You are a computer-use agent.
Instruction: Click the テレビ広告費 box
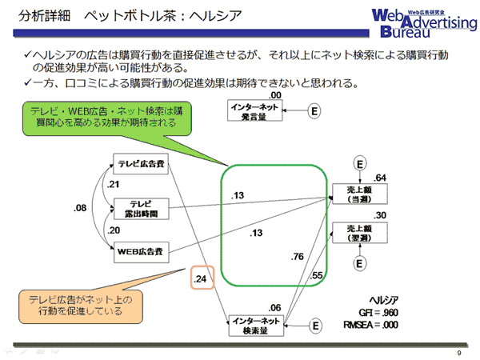[x=141, y=164]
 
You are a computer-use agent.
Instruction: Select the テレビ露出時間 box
[x=141, y=209]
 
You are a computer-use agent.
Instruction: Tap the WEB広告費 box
[x=141, y=252]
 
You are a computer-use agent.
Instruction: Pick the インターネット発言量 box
[x=254, y=110]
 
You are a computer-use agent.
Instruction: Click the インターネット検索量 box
[x=256, y=326]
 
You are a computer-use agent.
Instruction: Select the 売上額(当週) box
[x=360, y=194]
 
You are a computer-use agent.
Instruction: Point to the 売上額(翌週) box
[x=360, y=233]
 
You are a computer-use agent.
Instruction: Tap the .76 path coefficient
[x=298, y=257]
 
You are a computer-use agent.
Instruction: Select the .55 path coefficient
[x=316, y=275]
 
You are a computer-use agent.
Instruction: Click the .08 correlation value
[x=80, y=208]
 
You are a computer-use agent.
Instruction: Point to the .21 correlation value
[x=113, y=184]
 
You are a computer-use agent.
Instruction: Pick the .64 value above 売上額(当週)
[x=379, y=178]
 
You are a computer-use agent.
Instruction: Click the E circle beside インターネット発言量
[x=314, y=110]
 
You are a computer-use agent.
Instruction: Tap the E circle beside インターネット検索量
[x=316, y=326]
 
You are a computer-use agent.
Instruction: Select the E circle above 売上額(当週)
[x=360, y=164]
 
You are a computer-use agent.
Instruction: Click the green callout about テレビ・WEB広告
[x=107, y=118]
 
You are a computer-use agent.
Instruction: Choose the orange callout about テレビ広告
[x=81, y=306]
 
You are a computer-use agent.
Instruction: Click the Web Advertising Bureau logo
[x=424, y=23]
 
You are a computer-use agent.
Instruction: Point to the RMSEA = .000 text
[x=370, y=325]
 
